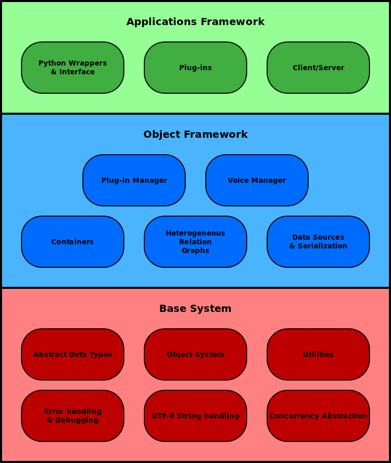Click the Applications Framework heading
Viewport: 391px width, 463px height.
point(195,22)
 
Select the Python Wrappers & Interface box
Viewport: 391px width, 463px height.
point(73,68)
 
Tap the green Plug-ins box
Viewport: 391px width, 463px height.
point(196,68)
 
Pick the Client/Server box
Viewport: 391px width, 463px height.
point(318,68)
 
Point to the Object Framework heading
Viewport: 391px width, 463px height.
point(195,135)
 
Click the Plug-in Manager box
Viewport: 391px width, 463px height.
point(134,180)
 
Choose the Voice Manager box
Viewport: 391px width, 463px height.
point(257,180)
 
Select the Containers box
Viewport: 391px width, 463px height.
point(73,242)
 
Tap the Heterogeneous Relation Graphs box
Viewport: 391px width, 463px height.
point(196,242)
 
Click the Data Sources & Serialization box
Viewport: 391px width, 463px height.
point(318,242)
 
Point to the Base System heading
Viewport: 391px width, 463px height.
point(195,309)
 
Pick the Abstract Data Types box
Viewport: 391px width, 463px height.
point(73,354)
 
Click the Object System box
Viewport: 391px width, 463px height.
point(196,354)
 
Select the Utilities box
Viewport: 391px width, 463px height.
point(318,354)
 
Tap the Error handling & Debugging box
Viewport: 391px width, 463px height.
point(73,416)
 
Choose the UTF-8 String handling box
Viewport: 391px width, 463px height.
point(196,416)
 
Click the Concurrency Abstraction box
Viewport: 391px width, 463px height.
point(318,416)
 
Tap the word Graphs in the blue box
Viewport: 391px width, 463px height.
point(196,251)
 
